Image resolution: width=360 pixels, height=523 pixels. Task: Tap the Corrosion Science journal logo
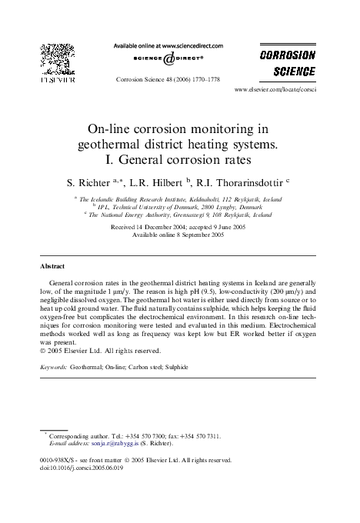click(x=288, y=64)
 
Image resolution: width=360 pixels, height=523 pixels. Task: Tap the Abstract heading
click(x=52, y=266)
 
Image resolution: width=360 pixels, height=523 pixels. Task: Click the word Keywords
click(x=53, y=368)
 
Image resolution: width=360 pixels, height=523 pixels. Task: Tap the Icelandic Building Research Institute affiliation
click(x=182, y=199)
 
